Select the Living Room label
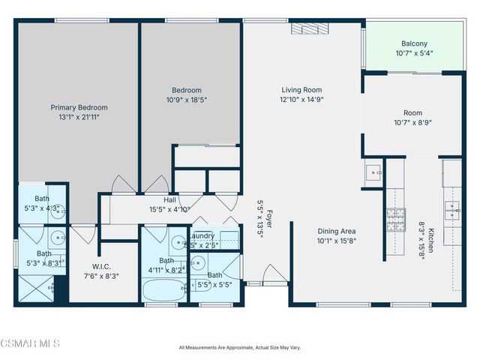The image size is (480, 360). (301, 88)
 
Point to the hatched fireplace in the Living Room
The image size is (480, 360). (306, 28)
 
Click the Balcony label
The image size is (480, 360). (414, 43)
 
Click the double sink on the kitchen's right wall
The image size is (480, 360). (452, 208)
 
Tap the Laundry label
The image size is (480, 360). (202, 235)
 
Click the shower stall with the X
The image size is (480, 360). (34, 286)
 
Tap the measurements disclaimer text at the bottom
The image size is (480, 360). (240, 347)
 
